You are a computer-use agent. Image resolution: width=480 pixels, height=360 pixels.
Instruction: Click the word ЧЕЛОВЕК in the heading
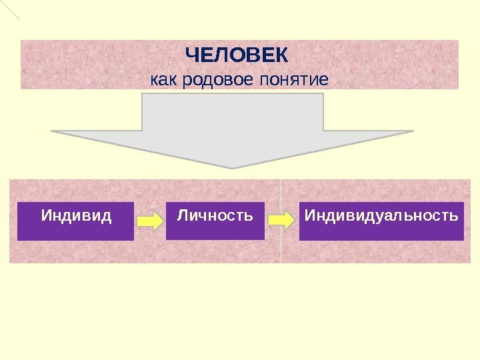pos(237,54)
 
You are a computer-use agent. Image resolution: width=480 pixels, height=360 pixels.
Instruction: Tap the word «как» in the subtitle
pos(161,81)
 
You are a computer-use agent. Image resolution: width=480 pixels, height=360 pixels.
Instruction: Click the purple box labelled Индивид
pos(75,221)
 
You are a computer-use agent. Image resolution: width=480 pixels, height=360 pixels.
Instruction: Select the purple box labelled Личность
pos(215,221)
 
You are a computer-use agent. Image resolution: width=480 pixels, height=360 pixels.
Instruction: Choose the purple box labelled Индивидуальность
pos(381,221)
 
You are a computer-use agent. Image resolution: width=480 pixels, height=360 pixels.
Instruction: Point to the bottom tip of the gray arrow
pos(233,167)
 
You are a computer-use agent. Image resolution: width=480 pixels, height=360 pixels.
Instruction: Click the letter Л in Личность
pos(182,216)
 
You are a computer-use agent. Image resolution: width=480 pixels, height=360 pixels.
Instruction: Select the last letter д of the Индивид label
pos(107,217)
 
